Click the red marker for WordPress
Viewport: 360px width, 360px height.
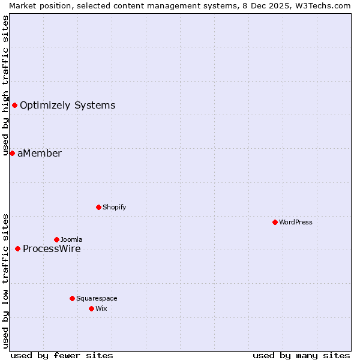275,222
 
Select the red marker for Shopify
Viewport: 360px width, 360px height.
98,207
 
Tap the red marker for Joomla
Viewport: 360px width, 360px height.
56,239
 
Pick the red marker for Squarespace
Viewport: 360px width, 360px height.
72,298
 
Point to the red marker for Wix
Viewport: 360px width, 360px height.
91,308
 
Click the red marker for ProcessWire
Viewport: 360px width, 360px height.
17,248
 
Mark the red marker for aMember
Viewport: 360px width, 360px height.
12,153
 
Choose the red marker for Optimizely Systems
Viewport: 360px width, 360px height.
14,106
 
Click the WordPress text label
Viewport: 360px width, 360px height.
296,222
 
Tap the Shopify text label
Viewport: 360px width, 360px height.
115,207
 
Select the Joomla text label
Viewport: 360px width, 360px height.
71,239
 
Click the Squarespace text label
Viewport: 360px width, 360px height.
97,298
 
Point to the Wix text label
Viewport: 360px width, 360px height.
101,308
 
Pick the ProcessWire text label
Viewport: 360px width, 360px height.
52,248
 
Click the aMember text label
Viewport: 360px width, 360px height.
40,153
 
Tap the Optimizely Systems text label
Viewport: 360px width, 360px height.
68,106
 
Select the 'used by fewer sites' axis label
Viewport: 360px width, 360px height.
62,355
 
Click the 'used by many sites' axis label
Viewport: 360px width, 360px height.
301,355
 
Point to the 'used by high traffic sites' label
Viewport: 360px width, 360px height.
5,85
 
